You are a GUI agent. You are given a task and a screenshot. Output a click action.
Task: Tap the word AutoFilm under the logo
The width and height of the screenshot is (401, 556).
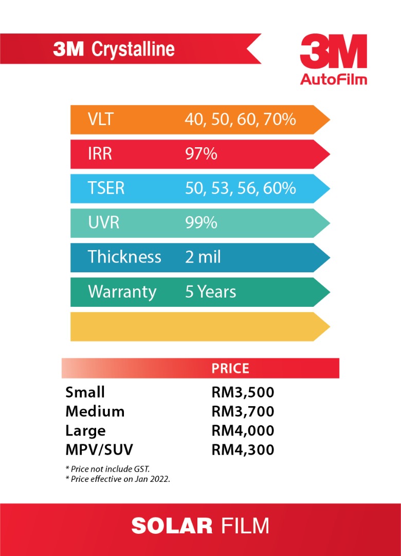click(334, 79)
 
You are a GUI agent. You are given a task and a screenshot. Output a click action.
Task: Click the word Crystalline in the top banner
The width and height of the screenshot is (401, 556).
click(133, 49)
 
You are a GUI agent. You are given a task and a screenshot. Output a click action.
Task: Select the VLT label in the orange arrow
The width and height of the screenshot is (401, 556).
click(100, 119)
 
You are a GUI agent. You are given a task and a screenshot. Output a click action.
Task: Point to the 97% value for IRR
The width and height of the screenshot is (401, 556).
click(201, 153)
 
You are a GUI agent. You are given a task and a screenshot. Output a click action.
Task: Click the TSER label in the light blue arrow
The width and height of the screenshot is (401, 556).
click(106, 188)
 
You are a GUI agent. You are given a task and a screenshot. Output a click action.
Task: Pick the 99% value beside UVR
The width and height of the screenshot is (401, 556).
click(201, 222)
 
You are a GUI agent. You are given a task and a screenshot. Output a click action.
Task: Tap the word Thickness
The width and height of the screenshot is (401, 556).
click(124, 257)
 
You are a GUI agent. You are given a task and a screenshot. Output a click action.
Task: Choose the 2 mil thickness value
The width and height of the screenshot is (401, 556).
click(203, 257)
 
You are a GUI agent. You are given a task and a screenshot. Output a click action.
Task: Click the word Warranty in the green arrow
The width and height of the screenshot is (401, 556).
click(122, 291)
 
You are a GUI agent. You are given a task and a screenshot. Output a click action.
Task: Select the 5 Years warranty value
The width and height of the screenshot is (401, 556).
click(211, 291)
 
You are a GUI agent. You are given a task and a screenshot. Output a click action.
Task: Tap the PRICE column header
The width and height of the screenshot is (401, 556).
click(230, 369)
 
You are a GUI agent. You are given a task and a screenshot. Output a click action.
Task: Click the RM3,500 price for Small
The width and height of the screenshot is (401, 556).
click(243, 392)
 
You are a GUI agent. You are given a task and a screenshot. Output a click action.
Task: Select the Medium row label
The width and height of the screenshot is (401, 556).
click(95, 411)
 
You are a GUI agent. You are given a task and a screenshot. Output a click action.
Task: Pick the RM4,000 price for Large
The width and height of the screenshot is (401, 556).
click(243, 430)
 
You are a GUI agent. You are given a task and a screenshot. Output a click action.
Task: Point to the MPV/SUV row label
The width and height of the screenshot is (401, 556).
click(99, 449)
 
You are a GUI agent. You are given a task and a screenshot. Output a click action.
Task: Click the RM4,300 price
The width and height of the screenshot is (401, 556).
click(243, 449)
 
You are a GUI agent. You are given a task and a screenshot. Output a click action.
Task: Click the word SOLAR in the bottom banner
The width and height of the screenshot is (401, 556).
click(172, 526)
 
